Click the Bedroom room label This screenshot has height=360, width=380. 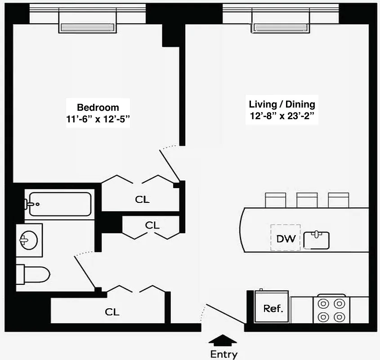point(98,108)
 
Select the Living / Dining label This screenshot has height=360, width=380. point(282,104)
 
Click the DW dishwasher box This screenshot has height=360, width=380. point(286,238)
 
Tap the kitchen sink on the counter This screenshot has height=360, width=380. point(317,239)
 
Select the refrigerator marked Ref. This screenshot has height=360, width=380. point(273,308)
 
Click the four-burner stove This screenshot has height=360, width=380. point(331,310)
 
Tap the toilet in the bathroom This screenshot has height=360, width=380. point(33,274)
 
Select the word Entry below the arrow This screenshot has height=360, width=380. point(224,354)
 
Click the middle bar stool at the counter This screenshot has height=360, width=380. point(307,200)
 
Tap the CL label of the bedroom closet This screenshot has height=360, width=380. point(142,199)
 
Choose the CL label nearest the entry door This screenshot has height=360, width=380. point(112,312)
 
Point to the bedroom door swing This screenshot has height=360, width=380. point(170,164)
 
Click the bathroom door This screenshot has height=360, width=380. point(85,271)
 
